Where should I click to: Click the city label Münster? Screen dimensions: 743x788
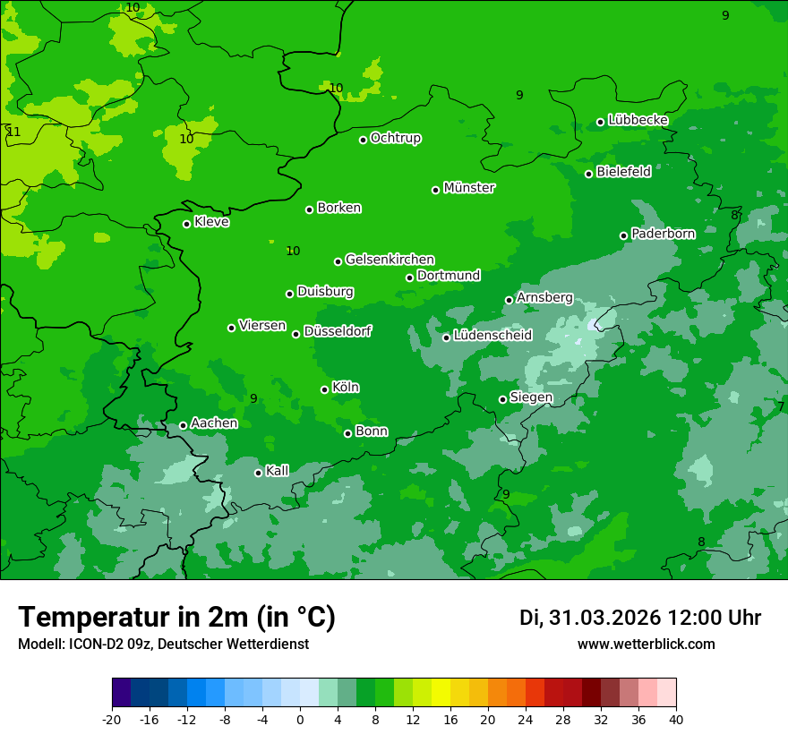469,188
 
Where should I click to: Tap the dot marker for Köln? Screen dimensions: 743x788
325,389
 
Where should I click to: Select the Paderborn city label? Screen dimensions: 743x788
663,234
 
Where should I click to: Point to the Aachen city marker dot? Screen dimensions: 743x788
184,425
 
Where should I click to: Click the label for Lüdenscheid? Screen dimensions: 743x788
492,336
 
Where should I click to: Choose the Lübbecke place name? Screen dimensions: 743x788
638,120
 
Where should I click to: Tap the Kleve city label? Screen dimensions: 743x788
211,222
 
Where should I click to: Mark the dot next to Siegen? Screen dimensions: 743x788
502,399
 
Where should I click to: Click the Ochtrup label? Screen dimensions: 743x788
395,138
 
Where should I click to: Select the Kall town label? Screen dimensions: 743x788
278,471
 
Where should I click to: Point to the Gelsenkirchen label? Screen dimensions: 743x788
390,260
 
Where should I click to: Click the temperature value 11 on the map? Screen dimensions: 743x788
13,132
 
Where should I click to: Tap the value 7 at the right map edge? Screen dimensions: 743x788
781,406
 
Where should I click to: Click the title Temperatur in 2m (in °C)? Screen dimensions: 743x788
176,618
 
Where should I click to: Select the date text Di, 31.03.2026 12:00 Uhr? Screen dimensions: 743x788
640,618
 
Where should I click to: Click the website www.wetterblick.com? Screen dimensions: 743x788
646,645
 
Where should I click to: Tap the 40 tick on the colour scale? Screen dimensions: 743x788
675,719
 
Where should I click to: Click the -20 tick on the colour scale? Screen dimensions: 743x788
112,719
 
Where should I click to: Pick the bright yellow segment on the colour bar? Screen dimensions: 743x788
441,694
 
